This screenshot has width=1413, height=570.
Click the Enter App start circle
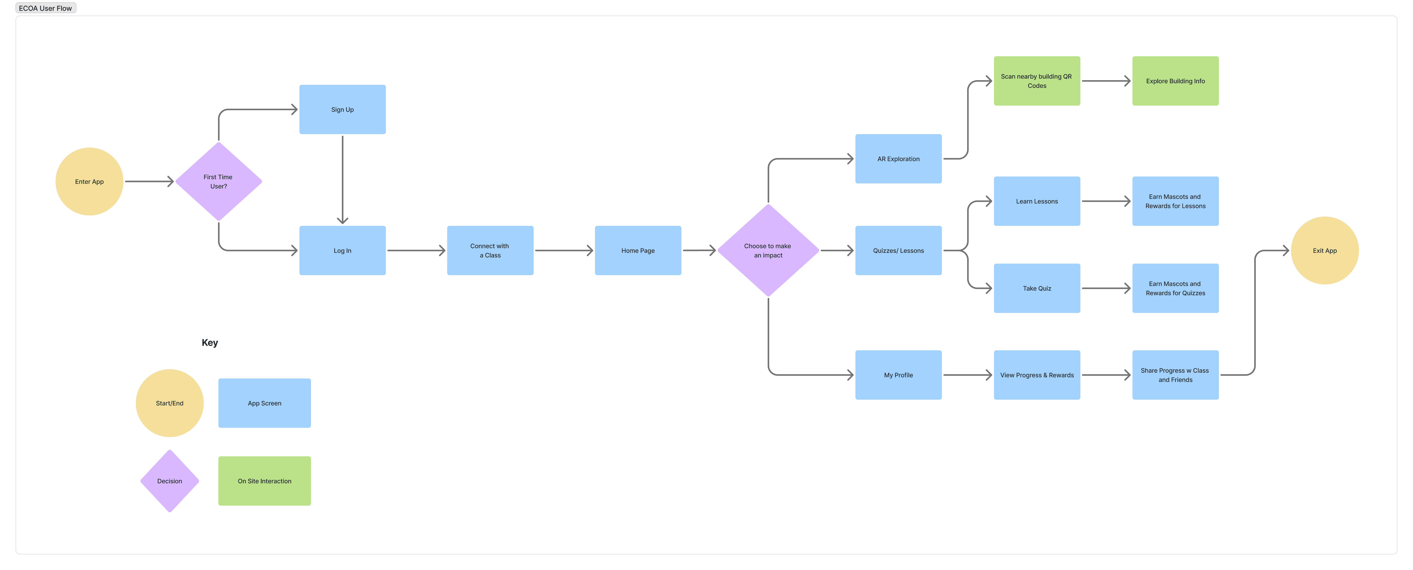click(89, 181)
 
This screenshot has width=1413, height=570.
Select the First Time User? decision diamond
click(218, 181)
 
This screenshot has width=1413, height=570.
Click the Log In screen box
click(342, 251)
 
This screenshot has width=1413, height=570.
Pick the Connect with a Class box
click(490, 251)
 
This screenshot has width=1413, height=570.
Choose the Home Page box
click(638, 251)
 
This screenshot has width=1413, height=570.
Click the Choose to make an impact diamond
click(768, 251)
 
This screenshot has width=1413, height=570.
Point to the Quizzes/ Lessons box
click(898, 251)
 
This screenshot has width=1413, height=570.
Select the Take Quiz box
click(1037, 288)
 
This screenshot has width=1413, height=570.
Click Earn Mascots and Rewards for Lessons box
click(1176, 201)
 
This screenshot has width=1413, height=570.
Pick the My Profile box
click(898, 375)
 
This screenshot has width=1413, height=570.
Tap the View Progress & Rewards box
click(1037, 375)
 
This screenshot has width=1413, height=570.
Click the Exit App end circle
click(1325, 251)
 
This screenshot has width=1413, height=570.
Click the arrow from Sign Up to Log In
click(342, 180)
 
